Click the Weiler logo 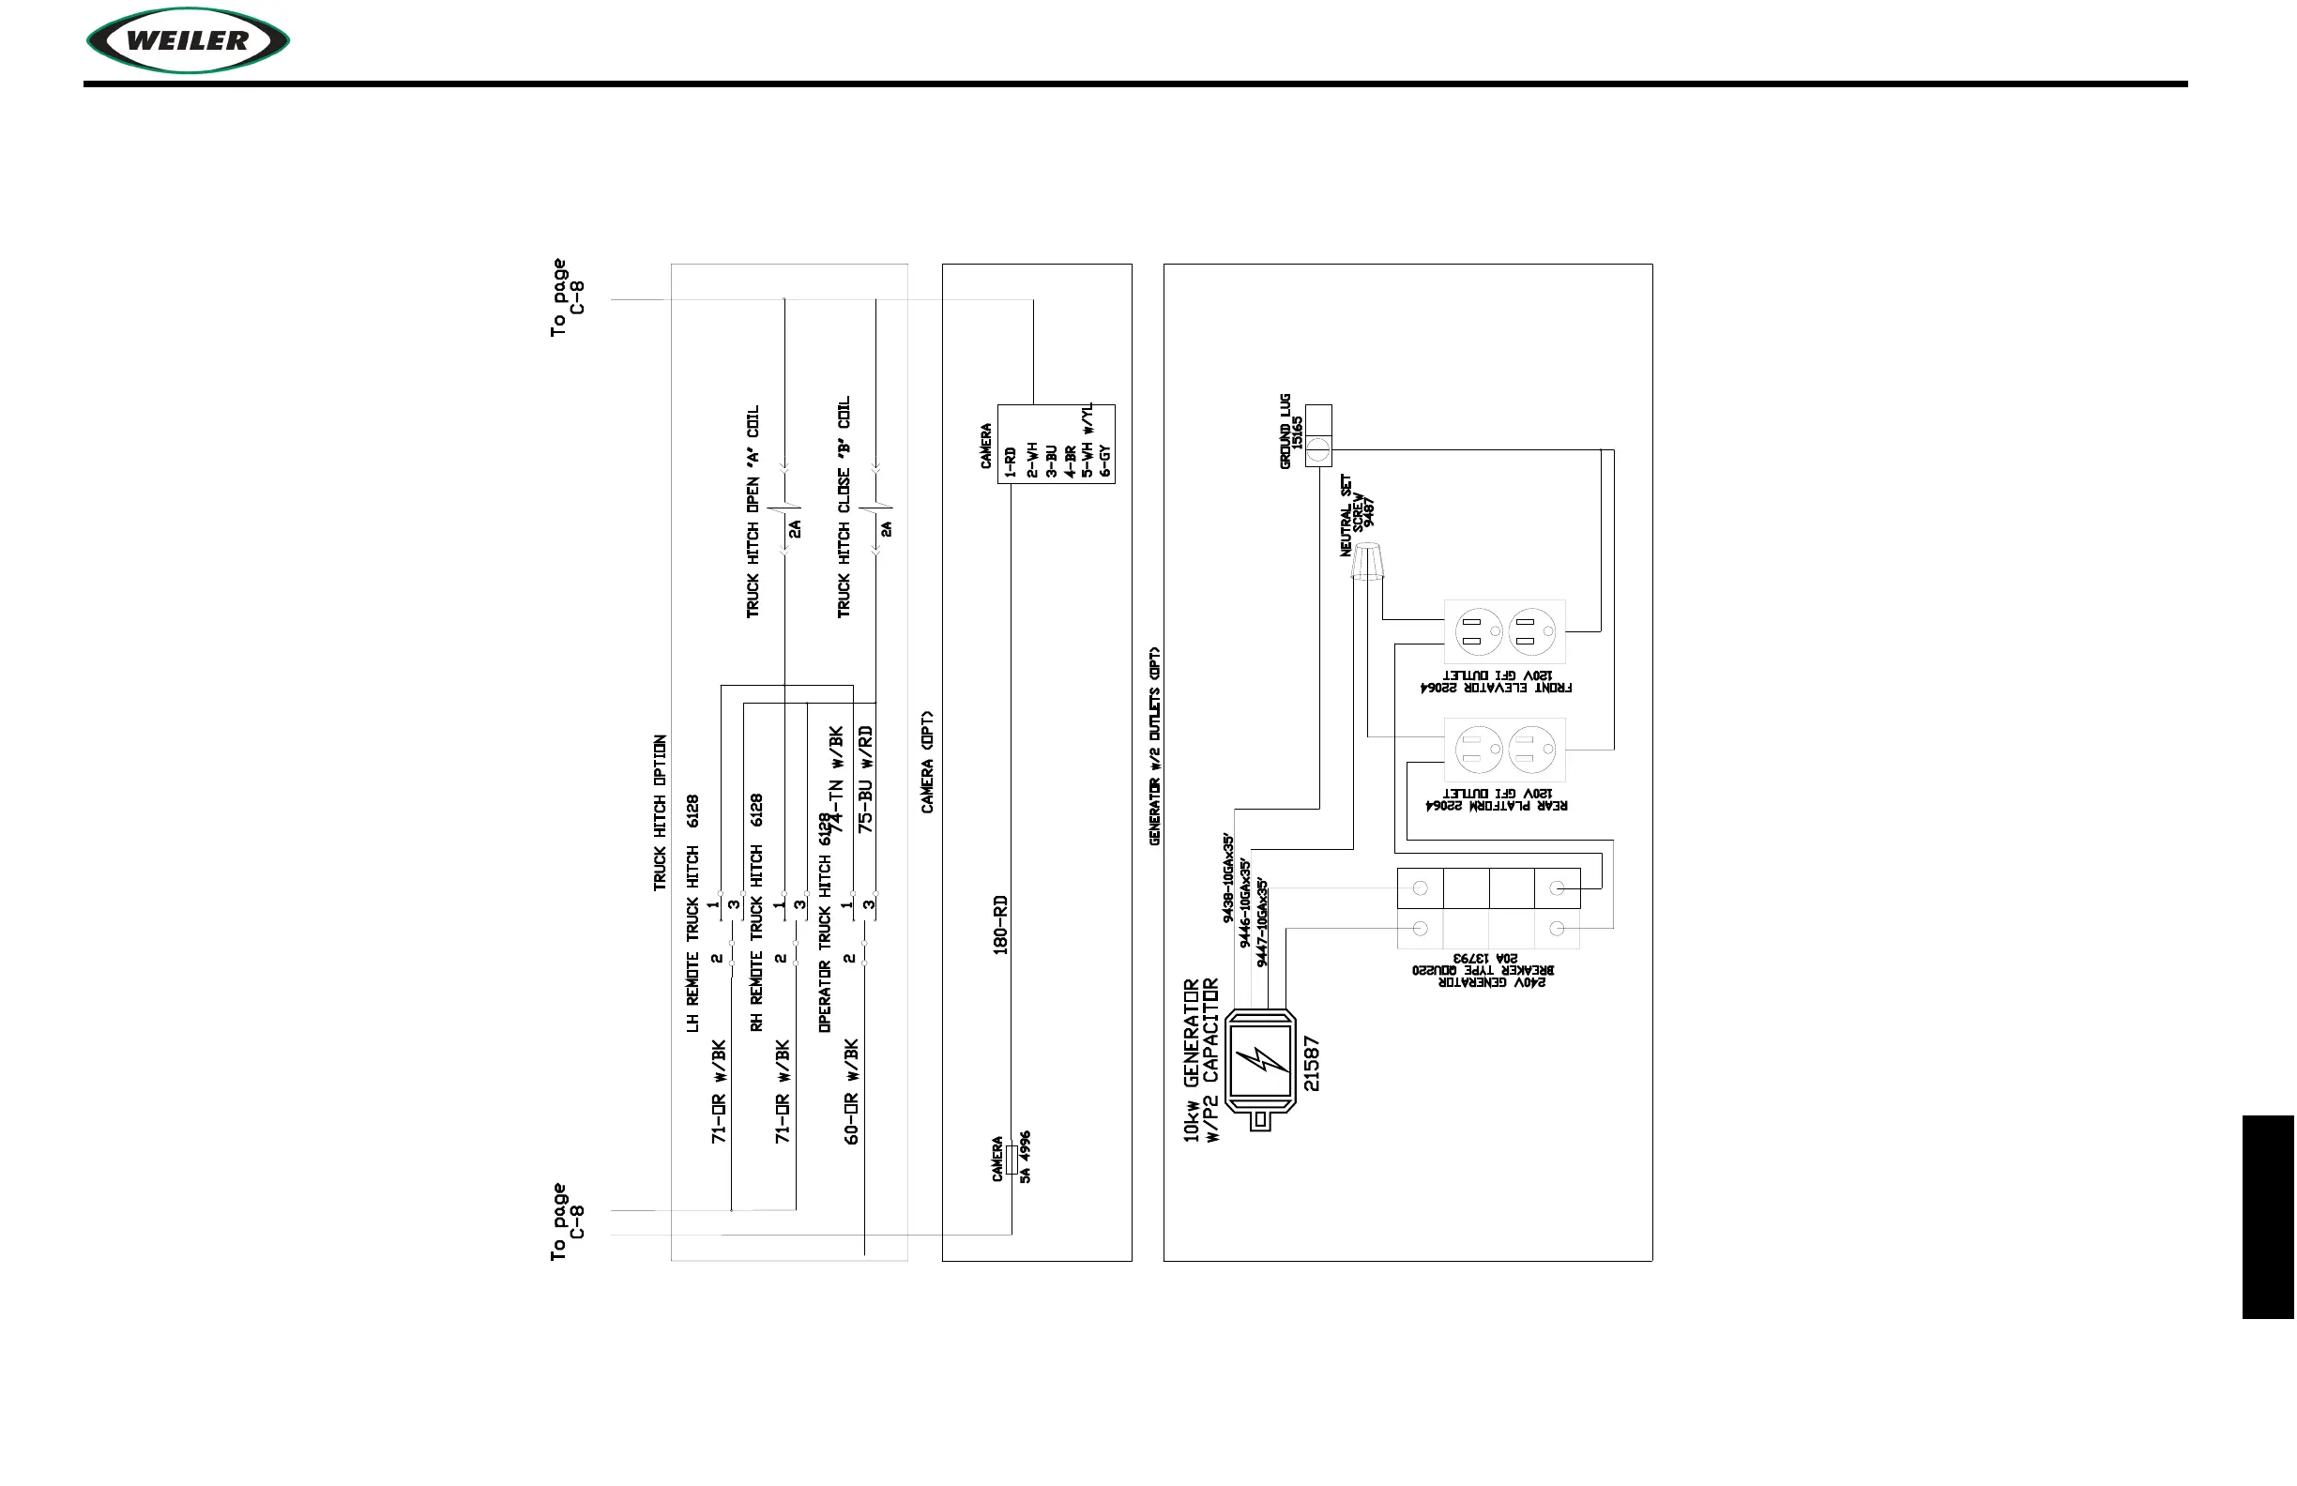189,40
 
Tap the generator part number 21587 1311,1063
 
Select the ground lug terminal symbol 1318,448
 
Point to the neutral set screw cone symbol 1366,562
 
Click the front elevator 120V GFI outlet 1504,632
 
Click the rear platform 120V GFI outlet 1504,750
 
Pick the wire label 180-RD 1001,924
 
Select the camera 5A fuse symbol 1011,1159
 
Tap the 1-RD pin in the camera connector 1011,462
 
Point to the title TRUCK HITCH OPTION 661,812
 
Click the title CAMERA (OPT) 927,763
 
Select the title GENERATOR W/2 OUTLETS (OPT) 1154,746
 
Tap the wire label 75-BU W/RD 866,779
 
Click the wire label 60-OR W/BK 851,1091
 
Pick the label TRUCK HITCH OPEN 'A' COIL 753,510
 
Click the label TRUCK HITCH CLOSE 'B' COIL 844,507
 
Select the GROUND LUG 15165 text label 1290,432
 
